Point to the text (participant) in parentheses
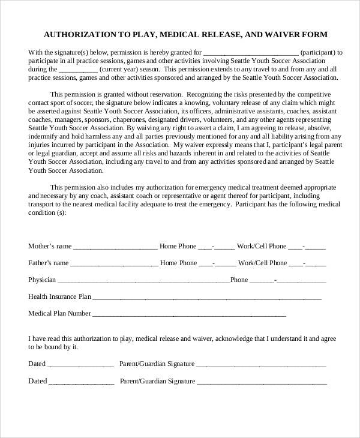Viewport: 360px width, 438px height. point(321,52)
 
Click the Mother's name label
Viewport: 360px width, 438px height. point(50,246)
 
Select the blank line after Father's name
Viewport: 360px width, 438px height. point(114,263)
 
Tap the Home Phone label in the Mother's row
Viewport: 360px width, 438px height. point(178,246)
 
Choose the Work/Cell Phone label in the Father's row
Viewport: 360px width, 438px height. point(262,263)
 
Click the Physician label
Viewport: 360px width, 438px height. point(42,280)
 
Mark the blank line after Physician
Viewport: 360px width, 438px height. point(143,280)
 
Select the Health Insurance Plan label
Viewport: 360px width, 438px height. point(59,296)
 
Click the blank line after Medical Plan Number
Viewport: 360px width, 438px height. point(189,314)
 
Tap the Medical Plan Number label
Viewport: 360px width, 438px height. point(59,313)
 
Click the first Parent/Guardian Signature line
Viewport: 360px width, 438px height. point(262,364)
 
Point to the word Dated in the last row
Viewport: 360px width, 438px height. point(37,381)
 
